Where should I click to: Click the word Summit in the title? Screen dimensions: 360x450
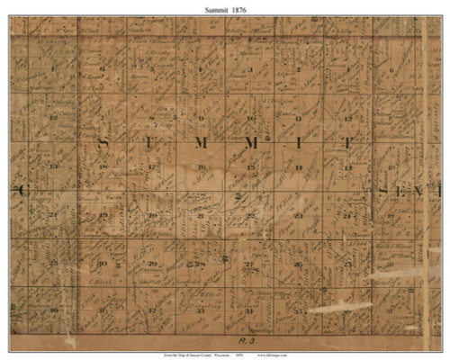click(209, 8)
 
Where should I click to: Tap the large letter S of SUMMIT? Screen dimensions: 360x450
click(102, 142)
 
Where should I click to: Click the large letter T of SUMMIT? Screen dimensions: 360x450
click(348, 143)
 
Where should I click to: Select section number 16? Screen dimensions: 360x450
click(202, 167)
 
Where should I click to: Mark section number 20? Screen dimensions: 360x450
click(152, 216)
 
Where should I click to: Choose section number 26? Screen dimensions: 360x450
click(298, 264)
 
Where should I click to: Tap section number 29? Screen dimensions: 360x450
click(152, 264)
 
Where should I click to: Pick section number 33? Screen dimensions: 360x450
click(201, 310)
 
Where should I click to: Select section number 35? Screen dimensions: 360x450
click(298, 310)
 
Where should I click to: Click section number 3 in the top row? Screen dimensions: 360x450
click(250, 69)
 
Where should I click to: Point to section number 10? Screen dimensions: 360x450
click(250, 118)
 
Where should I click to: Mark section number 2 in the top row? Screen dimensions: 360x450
click(298, 69)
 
